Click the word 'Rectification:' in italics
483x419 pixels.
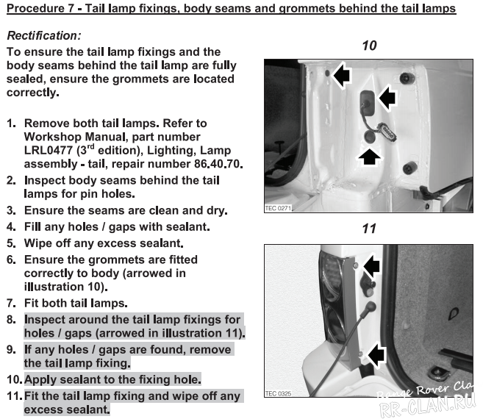[43, 35]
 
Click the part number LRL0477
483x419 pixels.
[51, 150]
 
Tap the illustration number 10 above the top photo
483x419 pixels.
[369, 46]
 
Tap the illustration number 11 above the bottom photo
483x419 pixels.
[369, 229]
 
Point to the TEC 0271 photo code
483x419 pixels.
[279, 209]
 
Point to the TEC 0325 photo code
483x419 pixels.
[279, 394]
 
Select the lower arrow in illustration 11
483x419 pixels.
[376, 357]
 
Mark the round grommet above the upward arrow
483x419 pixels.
[371, 137]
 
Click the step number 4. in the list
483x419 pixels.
[11, 226]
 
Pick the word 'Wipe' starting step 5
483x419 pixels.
[39, 243]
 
